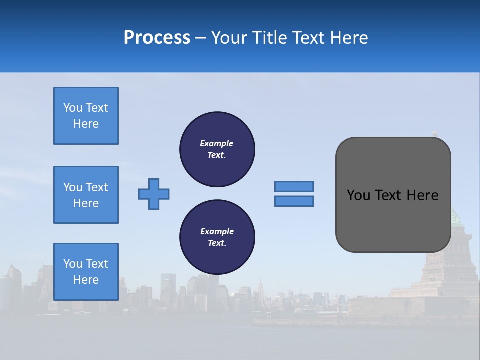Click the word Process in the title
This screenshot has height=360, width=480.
157,38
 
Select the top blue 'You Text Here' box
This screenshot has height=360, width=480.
86,116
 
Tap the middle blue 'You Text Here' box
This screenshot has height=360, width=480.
86,195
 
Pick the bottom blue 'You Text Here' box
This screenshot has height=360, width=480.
86,272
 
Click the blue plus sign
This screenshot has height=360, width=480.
154,194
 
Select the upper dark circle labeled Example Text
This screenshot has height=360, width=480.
217,149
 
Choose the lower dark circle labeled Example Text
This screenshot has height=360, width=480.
217,237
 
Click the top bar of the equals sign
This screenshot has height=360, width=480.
294,186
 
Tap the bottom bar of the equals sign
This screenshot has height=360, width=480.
294,201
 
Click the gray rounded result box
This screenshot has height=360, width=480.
393,220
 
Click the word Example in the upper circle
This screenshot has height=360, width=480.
217,143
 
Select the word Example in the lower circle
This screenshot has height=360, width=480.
217,231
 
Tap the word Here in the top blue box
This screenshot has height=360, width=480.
86,124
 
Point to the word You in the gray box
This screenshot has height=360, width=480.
358,195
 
